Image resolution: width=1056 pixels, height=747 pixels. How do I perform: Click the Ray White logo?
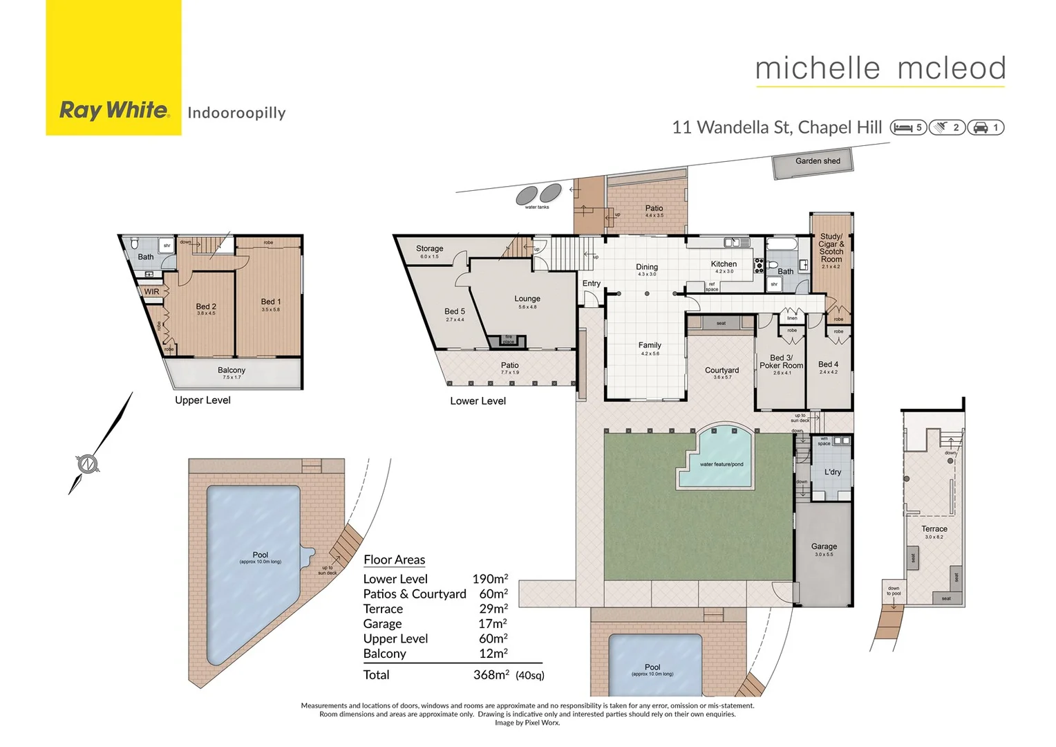click(114, 110)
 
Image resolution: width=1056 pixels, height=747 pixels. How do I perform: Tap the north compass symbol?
click(87, 463)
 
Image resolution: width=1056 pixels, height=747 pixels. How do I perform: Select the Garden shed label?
click(818, 161)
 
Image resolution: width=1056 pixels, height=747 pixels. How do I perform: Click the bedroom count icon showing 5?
click(908, 127)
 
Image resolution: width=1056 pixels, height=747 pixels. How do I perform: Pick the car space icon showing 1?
click(986, 127)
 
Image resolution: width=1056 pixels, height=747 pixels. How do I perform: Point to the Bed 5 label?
click(455, 311)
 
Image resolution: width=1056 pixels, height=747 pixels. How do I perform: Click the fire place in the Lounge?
click(508, 340)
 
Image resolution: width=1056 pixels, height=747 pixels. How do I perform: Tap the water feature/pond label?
click(722, 464)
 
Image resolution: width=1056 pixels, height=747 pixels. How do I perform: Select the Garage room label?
click(824, 546)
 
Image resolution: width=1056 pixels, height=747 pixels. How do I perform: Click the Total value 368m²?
click(491, 674)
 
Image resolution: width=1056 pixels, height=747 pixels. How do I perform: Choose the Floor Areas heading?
click(394, 560)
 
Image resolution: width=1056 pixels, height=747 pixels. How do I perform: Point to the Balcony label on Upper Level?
click(232, 371)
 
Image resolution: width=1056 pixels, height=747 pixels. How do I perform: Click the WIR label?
click(151, 292)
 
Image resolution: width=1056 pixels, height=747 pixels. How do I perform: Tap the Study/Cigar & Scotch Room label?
click(831, 248)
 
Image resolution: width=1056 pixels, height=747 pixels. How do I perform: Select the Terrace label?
click(934, 529)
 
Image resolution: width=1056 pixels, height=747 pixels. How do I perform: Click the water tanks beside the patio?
click(538, 194)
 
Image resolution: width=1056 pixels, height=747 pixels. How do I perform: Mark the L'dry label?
click(833, 472)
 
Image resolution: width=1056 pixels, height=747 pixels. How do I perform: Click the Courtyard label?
click(722, 371)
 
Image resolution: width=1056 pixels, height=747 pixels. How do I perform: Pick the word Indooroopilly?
click(236, 113)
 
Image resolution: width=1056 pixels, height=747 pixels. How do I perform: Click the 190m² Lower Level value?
click(490, 579)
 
